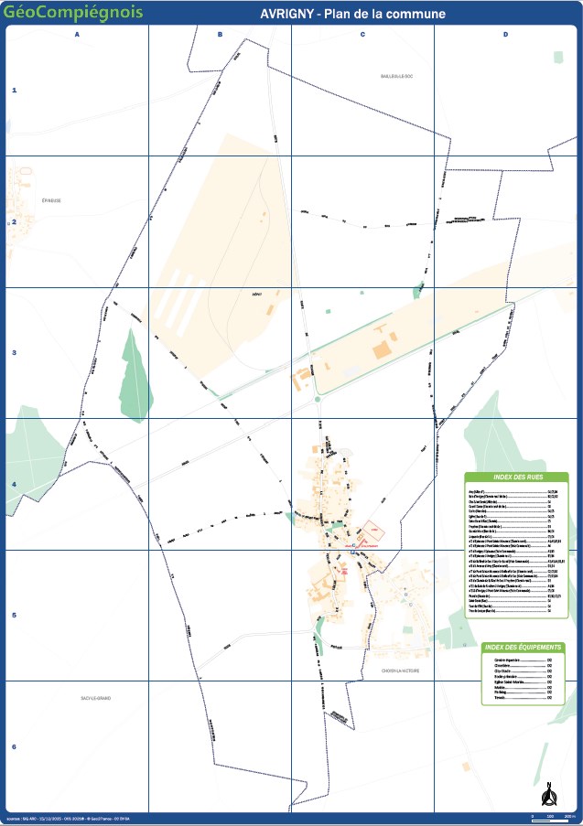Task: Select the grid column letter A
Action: [77, 35]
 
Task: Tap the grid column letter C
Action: [362, 35]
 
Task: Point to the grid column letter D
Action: [505, 35]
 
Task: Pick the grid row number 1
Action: [14, 91]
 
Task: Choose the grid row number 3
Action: [14, 353]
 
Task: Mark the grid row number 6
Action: [14, 746]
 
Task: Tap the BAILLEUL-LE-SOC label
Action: [398, 77]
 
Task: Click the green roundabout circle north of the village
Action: [318, 399]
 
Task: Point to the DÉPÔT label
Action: [257, 295]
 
